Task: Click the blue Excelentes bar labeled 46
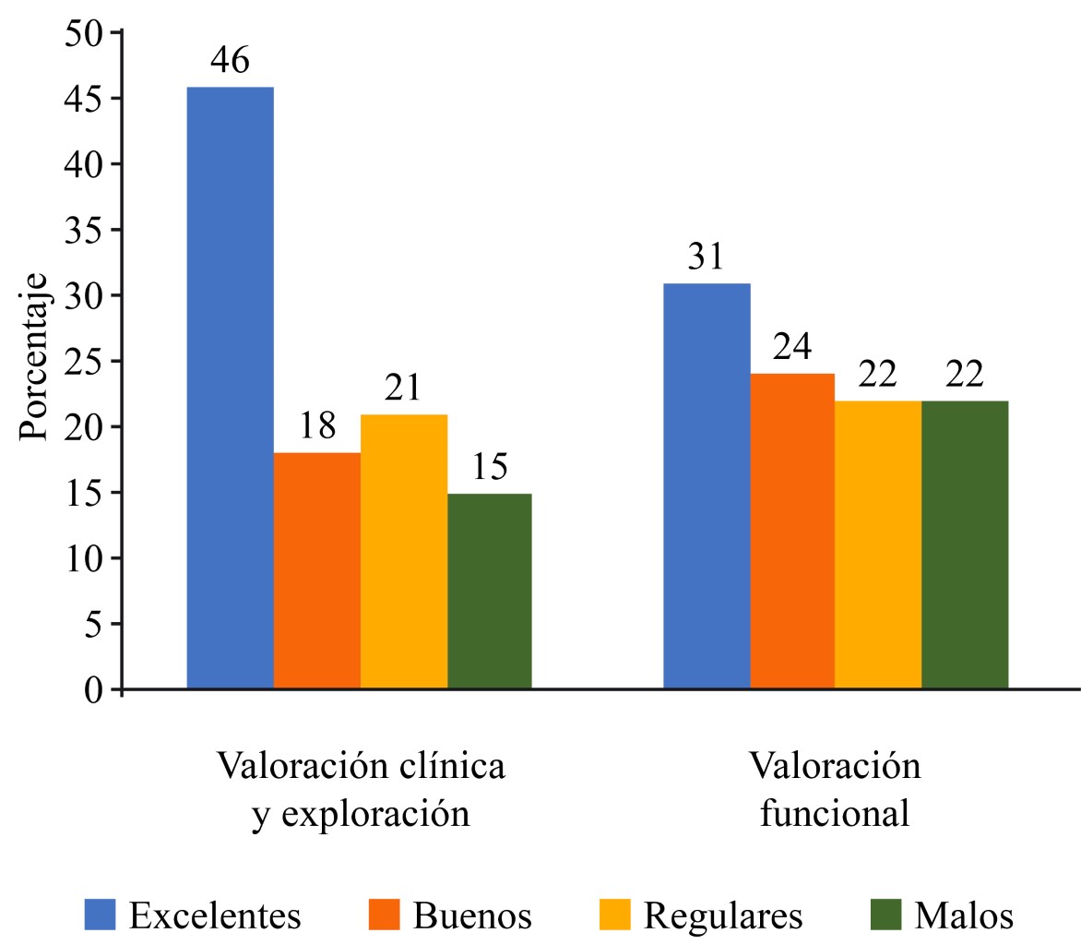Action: [x=230, y=388]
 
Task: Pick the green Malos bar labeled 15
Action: [x=490, y=591]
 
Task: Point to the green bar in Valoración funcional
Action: [x=965, y=544]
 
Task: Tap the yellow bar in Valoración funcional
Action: [x=879, y=544]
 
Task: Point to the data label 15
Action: [x=490, y=468]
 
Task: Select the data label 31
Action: [x=707, y=257]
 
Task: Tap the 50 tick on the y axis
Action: [x=84, y=33]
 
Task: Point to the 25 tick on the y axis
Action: [x=84, y=361]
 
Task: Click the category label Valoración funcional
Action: [x=835, y=791]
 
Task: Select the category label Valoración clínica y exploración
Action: [x=361, y=791]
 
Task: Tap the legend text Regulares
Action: [x=722, y=915]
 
